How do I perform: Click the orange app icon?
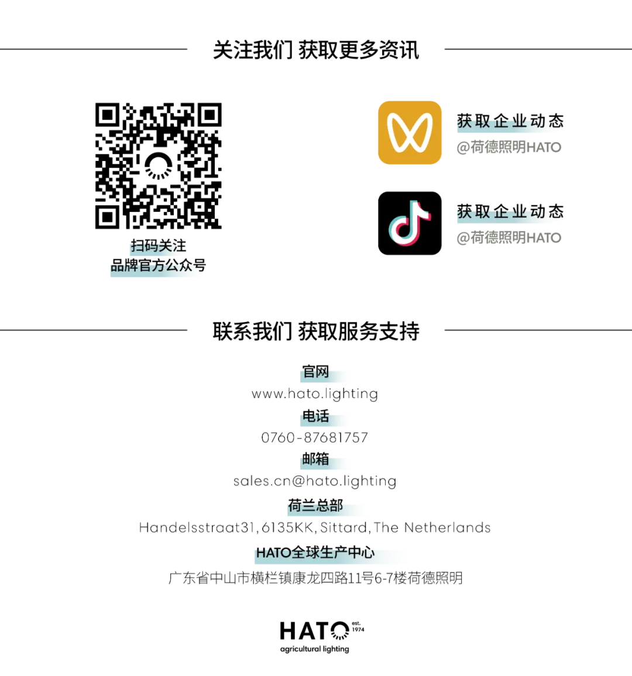(x=410, y=132)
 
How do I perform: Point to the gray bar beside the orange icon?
(x=507, y=147)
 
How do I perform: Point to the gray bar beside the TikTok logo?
(x=507, y=238)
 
